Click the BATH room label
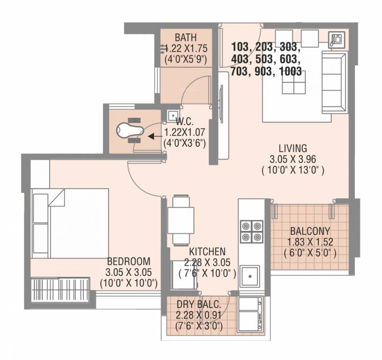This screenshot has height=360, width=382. [x=186, y=37]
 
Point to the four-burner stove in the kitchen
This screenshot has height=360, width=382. [x=251, y=232]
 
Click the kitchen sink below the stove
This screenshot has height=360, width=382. [x=251, y=276]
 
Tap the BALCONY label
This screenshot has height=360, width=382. [x=309, y=231]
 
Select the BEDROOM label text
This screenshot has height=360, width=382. [x=128, y=262]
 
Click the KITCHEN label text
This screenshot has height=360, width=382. [x=207, y=252]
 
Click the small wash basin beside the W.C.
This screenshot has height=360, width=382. [x=172, y=114]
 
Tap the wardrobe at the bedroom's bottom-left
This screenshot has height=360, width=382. [x=60, y=290]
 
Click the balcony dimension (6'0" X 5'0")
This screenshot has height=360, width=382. [x=310, y=254]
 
